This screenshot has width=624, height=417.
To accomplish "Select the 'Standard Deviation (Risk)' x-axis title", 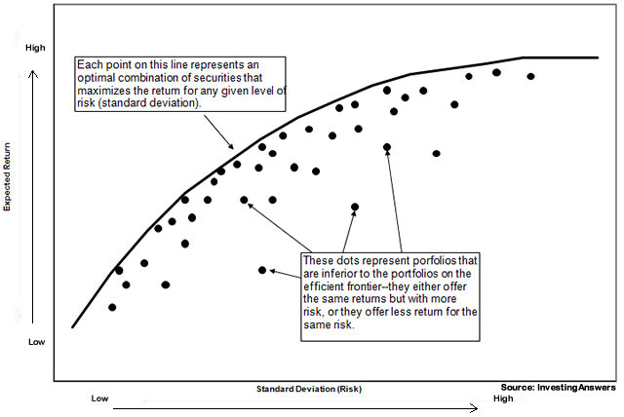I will pyautogui.click(x=309, y=388).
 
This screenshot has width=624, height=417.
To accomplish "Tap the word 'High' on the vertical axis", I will pyautogui.click(x=36, y=48).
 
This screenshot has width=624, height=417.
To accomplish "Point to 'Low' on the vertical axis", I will pyautogui.click(x=36, y=342).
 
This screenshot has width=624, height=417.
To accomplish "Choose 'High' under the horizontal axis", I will pyautogui.click(x=503, y=398).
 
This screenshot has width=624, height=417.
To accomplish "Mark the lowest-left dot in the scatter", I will pyautogui.click(x=112, y=307).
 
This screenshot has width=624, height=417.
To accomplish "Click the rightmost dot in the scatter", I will pyautogui.click(x=530, y=76).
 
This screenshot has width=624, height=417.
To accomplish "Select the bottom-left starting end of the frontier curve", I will pyautogui.click(x=73, y=326).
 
